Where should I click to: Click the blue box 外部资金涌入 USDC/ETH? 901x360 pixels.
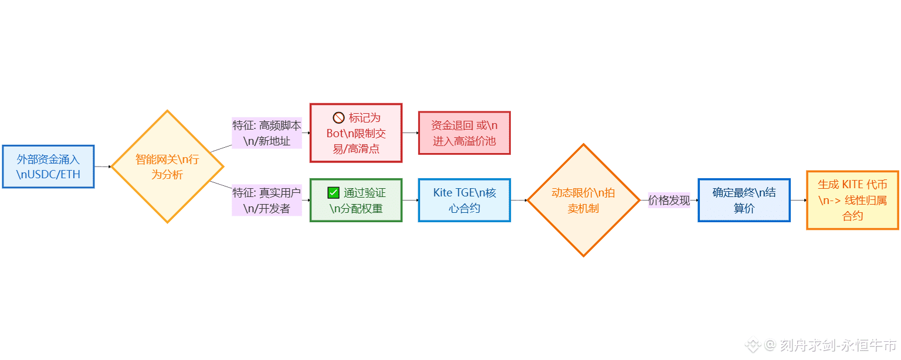pyautogui.click(x=48, y=167)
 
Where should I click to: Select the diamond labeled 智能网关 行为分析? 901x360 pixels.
pyautogui.click(x=167, y=167)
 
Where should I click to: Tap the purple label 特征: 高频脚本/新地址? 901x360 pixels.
pyautogui.click(x=267, y=133)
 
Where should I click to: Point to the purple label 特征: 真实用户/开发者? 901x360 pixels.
pyautogui.click(x=267, y=200)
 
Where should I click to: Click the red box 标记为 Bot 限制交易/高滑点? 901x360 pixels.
pyautogui.click(x=356, y=133)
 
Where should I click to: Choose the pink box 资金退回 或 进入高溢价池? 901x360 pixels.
pyautogui.click(x=464, y=133)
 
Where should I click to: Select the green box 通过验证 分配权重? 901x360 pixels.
pyautogui.click(x=356, y=200)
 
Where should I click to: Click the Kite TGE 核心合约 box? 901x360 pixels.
pyautogui.click(x=464, y=200)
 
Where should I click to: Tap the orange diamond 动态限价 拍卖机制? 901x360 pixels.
pyautogui.click(x=583, y=200)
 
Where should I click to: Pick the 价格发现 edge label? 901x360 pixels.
pyautogui.click(x=669, y=200)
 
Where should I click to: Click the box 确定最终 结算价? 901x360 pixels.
pyautogui.click(x=744, y=200)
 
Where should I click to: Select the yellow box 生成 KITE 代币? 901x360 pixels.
pyautogui.click(x=852, y=200)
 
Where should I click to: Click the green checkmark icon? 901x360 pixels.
pyautogui.click(x=333, y=192)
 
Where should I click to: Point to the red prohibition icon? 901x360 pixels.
pyautogui.click(x=338, y=117)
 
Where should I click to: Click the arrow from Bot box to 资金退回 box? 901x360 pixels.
pyautogui.click(x=410, y=133)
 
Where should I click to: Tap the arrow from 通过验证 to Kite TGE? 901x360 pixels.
pyautogui.click(x=410, y=200)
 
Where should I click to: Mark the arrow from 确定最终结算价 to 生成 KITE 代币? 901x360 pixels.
pyautogui.click(x=798, y=200)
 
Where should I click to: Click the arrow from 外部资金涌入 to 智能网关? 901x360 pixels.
pyautogui.click(x=103, y=167)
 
